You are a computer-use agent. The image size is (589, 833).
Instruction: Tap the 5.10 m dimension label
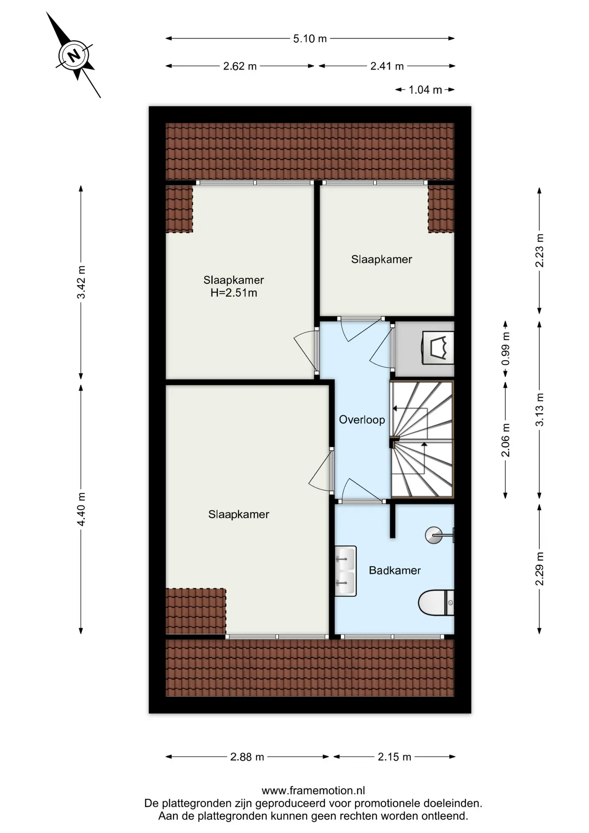(x=310, y=39)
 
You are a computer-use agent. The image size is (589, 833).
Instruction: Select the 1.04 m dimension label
(x=425, y=90)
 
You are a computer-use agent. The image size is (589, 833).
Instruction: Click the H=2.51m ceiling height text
(x=234, y=293)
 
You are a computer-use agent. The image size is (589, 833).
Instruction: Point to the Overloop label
(x=362, y=420)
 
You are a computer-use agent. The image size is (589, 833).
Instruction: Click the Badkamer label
(x=395, y=570)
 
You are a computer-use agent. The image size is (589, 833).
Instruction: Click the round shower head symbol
(x=434, y=535)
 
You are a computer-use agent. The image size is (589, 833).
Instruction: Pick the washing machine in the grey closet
(x=438, y=348)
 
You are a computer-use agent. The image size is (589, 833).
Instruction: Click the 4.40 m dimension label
(x=81, y=509)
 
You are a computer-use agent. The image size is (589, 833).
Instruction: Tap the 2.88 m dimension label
(x=247, y=757)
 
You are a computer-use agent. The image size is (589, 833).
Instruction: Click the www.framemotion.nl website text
(x=313, y=790)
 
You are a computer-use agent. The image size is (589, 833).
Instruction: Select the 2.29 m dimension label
(x=540, y=569)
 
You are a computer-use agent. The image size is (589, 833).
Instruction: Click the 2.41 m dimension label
(x=387, y=66)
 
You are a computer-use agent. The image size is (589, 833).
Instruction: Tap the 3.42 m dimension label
(x=81, y=282)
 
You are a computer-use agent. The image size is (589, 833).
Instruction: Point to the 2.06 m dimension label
(x=506, y=440)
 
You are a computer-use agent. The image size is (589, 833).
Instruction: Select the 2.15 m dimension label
(x=394, y=757)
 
